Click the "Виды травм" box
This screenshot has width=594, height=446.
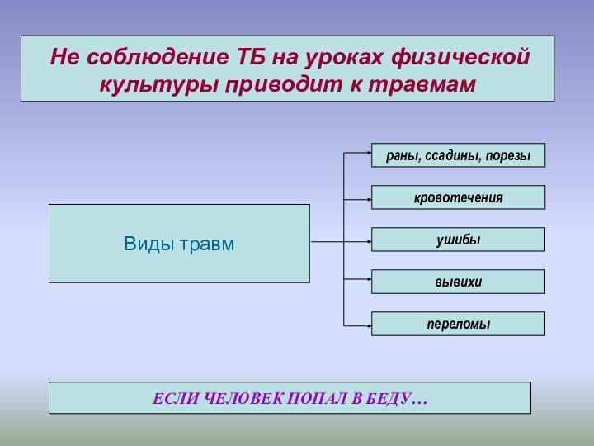coord(179,244)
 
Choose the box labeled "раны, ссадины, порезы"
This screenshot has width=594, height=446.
coord(458,155)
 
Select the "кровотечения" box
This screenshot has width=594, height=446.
coord(458,197)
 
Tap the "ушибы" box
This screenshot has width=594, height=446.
coord(458,240)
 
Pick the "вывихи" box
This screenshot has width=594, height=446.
coord(458,282)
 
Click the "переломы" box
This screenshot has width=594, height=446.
coord(458,324)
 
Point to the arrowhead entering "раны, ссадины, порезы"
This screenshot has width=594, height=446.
coord(367,153)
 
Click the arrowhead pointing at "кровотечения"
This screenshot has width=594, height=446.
coord(367,199)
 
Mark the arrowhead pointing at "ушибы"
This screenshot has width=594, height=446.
coord(367,242)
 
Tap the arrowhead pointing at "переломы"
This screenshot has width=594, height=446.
coord(367,325)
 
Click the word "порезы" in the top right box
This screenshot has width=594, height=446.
coord(509,155)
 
